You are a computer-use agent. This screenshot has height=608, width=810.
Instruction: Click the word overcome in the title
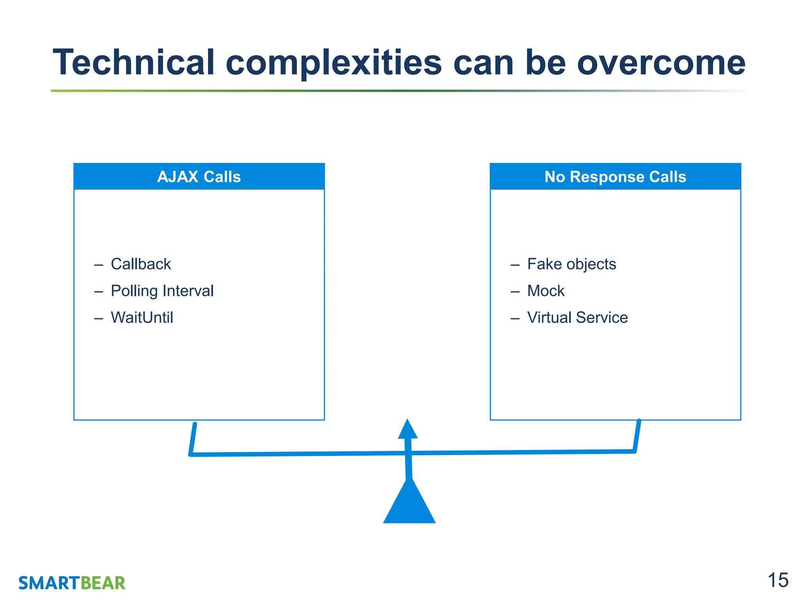(x=661, y=63)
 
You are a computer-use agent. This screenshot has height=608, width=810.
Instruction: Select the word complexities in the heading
(x=333, y=63)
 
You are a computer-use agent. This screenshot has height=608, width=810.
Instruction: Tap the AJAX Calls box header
(x=199, y=177)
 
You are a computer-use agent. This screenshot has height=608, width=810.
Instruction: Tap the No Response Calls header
(x=615, y=177)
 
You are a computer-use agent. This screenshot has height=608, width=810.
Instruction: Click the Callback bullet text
(x=141, y=264)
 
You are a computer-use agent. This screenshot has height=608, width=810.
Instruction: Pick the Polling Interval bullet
(x=162, y=291)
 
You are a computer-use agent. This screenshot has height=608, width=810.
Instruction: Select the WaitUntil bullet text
(x=142, y=317)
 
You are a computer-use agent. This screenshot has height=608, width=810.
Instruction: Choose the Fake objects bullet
(x=572, y=264)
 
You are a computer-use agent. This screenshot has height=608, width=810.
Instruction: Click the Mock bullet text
(x=546, y=291)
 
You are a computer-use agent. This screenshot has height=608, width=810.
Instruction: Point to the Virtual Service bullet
(x=577, y=317)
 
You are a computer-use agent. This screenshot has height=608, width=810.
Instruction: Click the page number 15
(x=778, y=580)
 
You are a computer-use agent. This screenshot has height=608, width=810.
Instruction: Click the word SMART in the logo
(x=49, y=583)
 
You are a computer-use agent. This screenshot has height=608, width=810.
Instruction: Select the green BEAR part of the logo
(x=103, y=583)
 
